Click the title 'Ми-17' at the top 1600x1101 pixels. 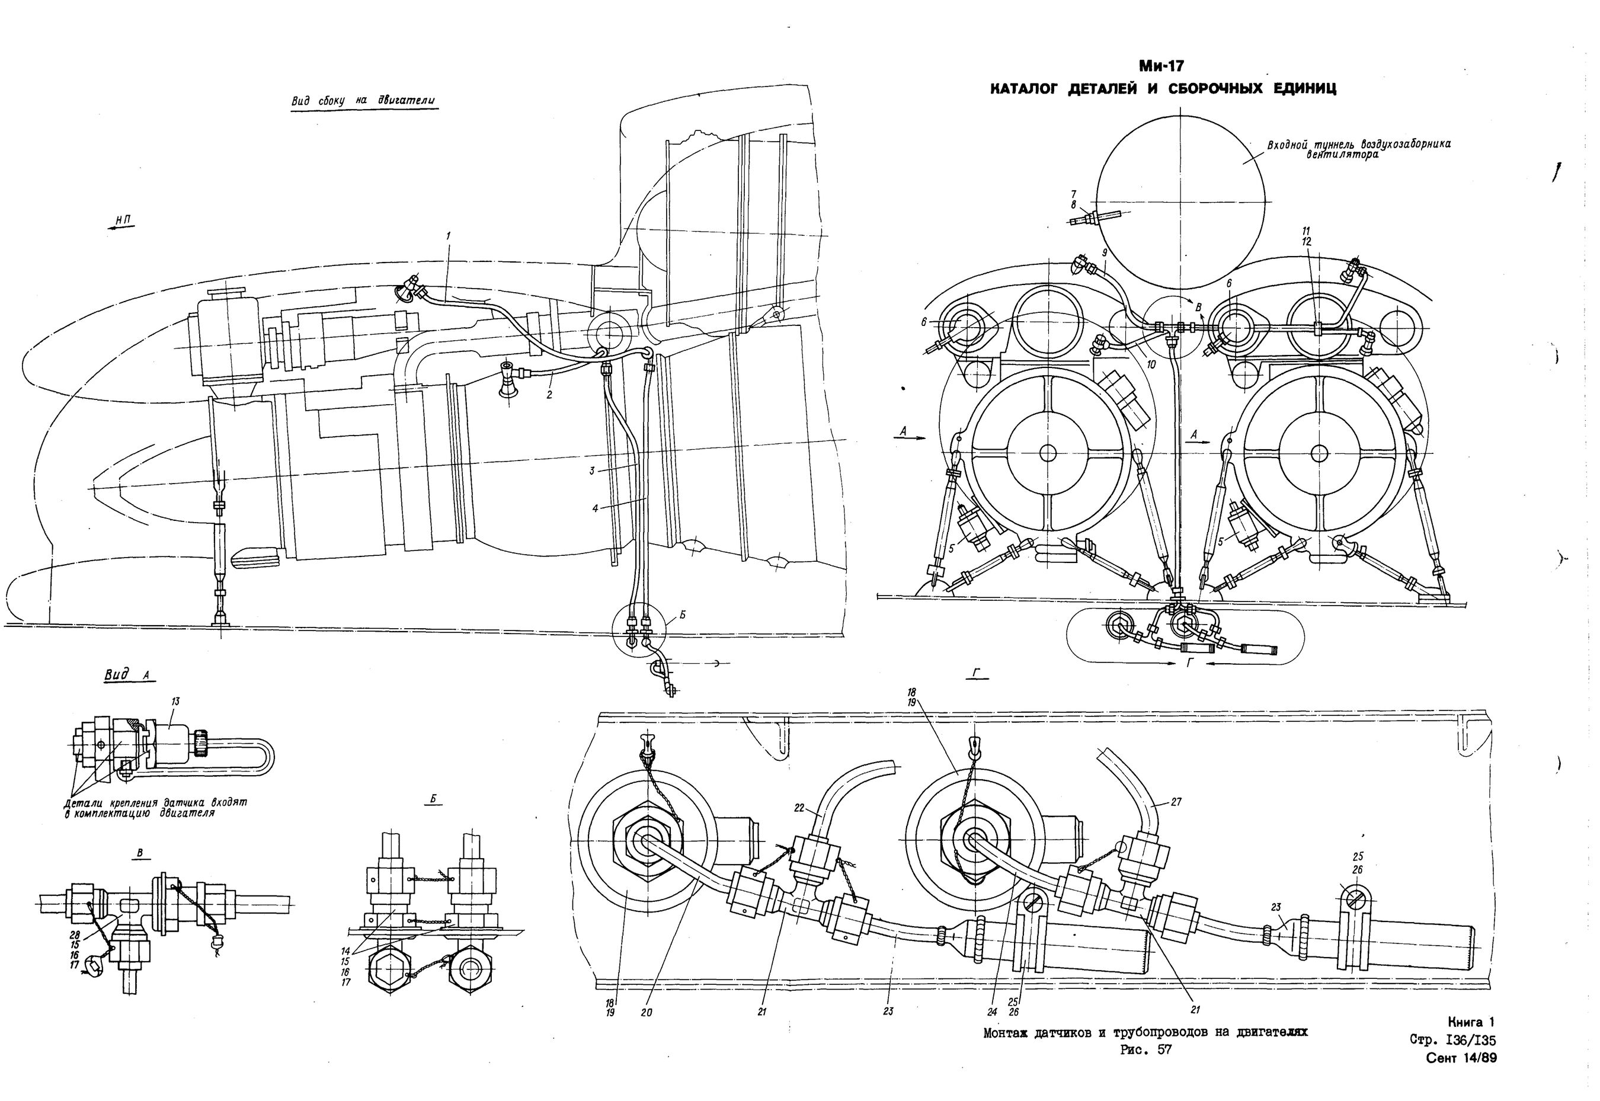pos(1163,67)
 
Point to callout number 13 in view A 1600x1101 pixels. pos(175,702)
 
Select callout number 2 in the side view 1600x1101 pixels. pos(549,395)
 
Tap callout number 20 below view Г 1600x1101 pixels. pos(647,1013)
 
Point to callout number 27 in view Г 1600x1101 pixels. pos(1176,802)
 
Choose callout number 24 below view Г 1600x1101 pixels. pos(992,1013)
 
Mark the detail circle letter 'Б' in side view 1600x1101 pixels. pos(682,614)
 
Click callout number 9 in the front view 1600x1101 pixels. pos(1104,253)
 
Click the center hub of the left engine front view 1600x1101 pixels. pos(1047,453)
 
